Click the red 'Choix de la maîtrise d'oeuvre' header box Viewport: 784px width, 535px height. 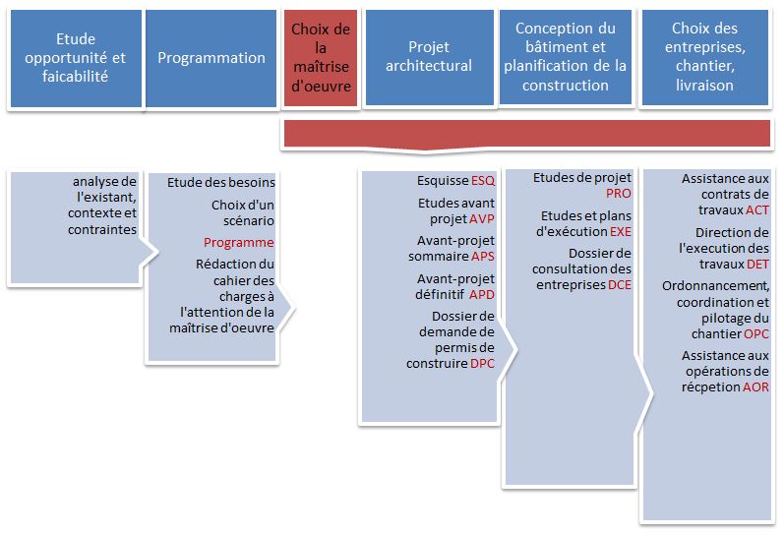click(x=321, y=57)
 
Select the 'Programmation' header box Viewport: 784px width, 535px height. click(x=211, y=58)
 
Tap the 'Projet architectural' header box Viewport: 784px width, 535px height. click(x=429, y=57)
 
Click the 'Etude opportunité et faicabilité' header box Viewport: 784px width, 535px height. click(x=76, y=58)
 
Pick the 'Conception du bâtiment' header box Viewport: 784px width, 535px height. click(x=566, y=57)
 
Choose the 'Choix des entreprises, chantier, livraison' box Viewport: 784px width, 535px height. click(x=705, y=57)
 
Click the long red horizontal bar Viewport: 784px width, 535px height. click(x=527, y=134)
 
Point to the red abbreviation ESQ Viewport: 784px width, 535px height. click(x=483, y=181)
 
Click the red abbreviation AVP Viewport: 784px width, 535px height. click(x=482, y=219)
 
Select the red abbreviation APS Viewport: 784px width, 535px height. click(x=483, y=257)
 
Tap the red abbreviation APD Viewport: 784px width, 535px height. click(x=482, y=294)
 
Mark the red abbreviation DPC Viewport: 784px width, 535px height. click(x=483, y=364)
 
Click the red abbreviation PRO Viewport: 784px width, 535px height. click(x=619, y=194)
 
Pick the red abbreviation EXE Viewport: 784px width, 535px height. click(x=621, y=231)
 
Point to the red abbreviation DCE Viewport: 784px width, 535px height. click(x=620, y=285)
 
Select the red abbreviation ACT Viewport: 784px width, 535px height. click(x=757, y=210)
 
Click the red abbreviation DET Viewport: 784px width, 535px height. click(x=758, y=264)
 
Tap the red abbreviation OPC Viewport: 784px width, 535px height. click(x=756, y=334)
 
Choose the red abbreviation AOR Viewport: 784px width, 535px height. click(x=755, y=387)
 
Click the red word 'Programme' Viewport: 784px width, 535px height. click(x=238, y=243)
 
